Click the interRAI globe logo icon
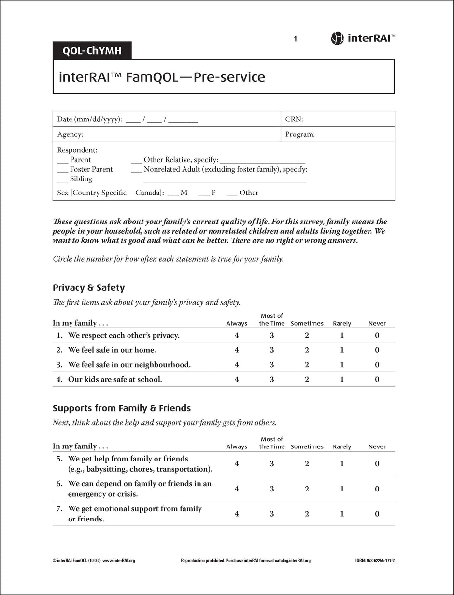(337, 39)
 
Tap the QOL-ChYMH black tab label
(92, 51)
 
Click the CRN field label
(294, 119)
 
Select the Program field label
(299, 134)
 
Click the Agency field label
(70, 134)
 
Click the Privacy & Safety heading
(88, 288)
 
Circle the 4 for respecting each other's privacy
(237, 336)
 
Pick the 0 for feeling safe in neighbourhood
(377, 365)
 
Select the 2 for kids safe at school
(307, 380)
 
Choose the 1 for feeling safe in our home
(342, 350)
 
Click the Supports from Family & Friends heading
(121, 408)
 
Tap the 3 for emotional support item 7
(272, 514)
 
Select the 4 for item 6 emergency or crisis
(237, 489)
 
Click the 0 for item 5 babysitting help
(377, 464)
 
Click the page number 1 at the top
(295, 39)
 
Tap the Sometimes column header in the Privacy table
(307, 324)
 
